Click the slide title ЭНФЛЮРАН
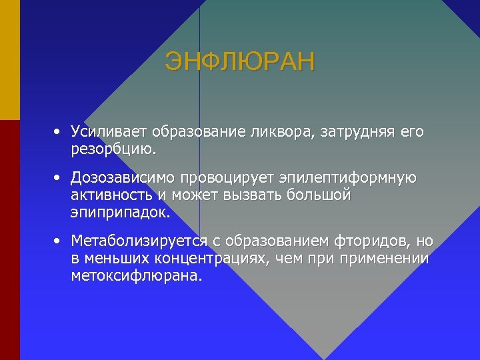tap(239, 62)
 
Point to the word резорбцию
tap(114, 149)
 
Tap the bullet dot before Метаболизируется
tap(59, 240)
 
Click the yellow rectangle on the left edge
tap(9, 60)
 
